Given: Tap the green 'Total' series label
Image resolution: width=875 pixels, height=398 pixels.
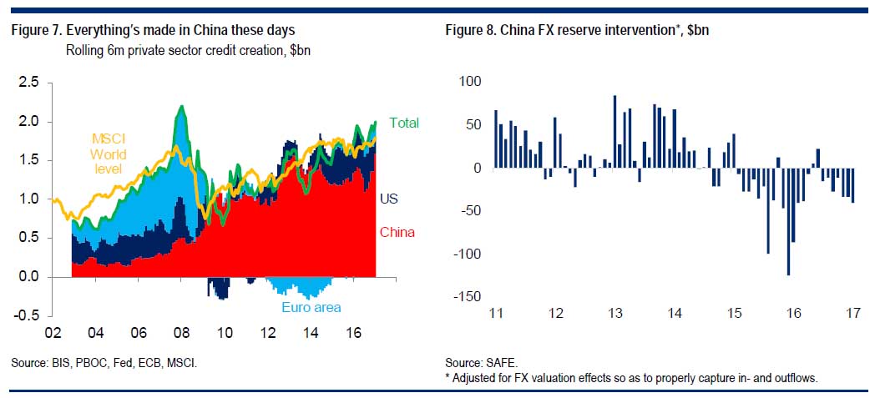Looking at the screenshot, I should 403,123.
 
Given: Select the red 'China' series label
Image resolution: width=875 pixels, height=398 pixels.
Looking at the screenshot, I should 397,232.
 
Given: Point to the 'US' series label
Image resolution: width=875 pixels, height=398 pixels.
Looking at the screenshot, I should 388,199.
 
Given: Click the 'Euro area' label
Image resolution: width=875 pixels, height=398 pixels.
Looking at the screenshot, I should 310,308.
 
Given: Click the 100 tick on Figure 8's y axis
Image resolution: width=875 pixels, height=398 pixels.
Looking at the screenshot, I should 471,82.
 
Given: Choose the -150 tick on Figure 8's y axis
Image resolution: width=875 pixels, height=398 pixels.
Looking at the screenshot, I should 468,297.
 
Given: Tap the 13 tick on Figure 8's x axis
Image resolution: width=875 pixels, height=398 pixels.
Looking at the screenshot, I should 615,314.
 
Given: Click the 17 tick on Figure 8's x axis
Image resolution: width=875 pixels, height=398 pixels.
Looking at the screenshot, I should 852,314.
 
